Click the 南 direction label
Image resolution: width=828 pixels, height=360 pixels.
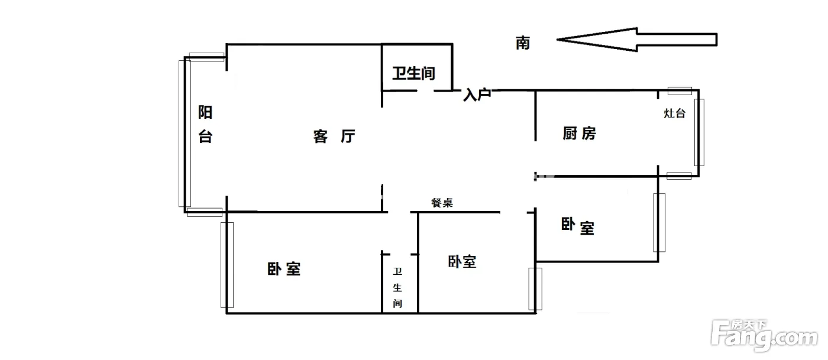click(523, 43)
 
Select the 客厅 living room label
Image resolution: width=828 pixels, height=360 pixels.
click(334, 137)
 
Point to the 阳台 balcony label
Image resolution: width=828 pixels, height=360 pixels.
click(205, 125)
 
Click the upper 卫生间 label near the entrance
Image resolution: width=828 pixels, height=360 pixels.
click(414, 73)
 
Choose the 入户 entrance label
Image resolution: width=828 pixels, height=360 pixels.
click(477, 95)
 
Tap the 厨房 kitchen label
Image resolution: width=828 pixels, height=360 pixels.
click(579, 134)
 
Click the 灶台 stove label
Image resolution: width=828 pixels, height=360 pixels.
click(675, 113)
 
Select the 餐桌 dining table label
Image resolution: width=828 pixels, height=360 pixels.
click(442, 203)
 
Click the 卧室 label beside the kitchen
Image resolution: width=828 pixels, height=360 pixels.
click(578, 226)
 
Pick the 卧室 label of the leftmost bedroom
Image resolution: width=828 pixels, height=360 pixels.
click(284, 270)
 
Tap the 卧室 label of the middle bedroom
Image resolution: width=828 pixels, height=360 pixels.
click(462, 261)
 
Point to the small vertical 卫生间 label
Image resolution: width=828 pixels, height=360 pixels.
click(398, 288)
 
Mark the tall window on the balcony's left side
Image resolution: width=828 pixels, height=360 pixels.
click(182, 133)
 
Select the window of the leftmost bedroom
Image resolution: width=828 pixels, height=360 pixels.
click(227, 264)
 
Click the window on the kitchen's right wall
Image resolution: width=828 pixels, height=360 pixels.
click(699, 132)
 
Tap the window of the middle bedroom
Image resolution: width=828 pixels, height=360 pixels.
click(535, 288)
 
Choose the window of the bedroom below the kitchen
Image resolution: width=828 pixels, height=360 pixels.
click(659, 222)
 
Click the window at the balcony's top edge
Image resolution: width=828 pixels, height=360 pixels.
click(206, 57)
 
